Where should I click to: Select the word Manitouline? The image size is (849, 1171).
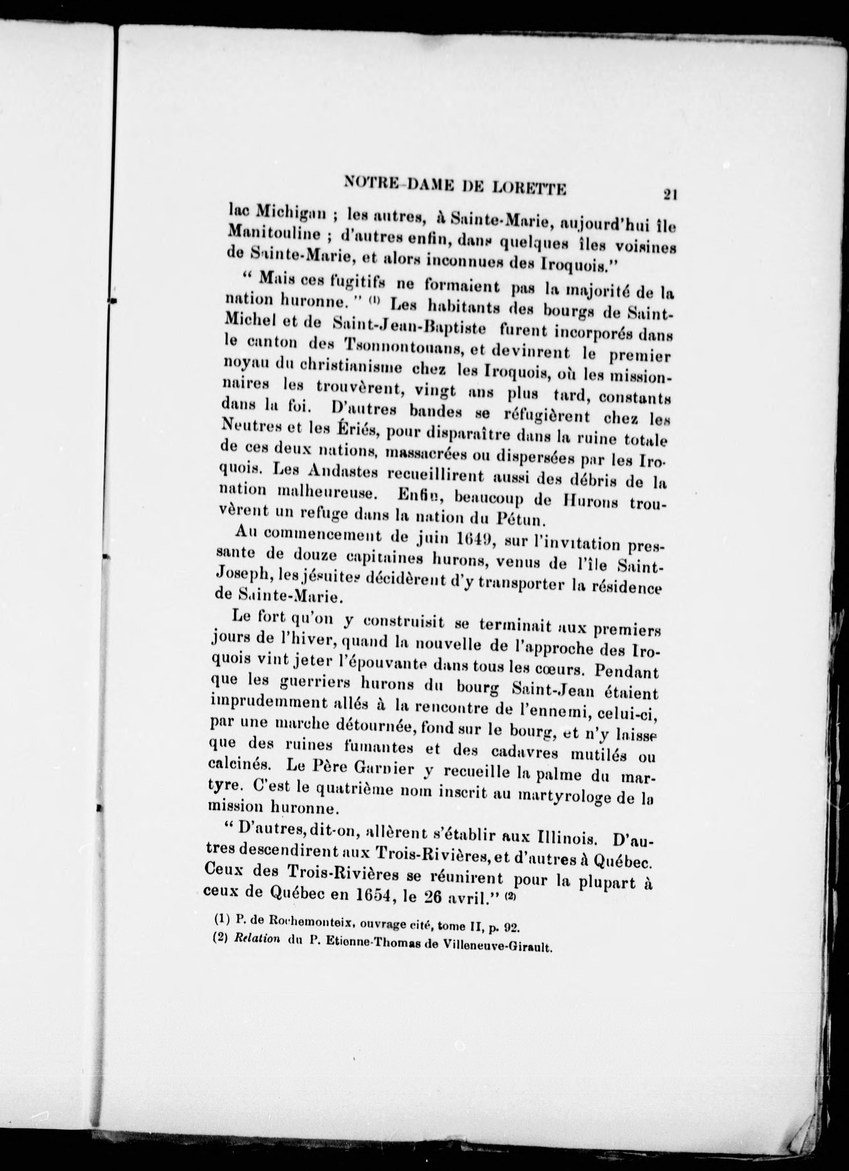(x=274, y=233)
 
